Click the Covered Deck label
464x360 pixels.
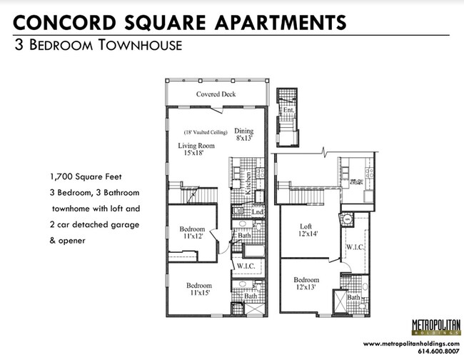click(x=216, y=94)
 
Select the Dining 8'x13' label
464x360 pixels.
click(x=244, y=134)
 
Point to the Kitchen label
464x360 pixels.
click(x=248, y=184)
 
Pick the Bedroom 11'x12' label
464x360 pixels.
click(x=193, y=233)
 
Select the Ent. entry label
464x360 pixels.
click(x=288, y=111)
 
